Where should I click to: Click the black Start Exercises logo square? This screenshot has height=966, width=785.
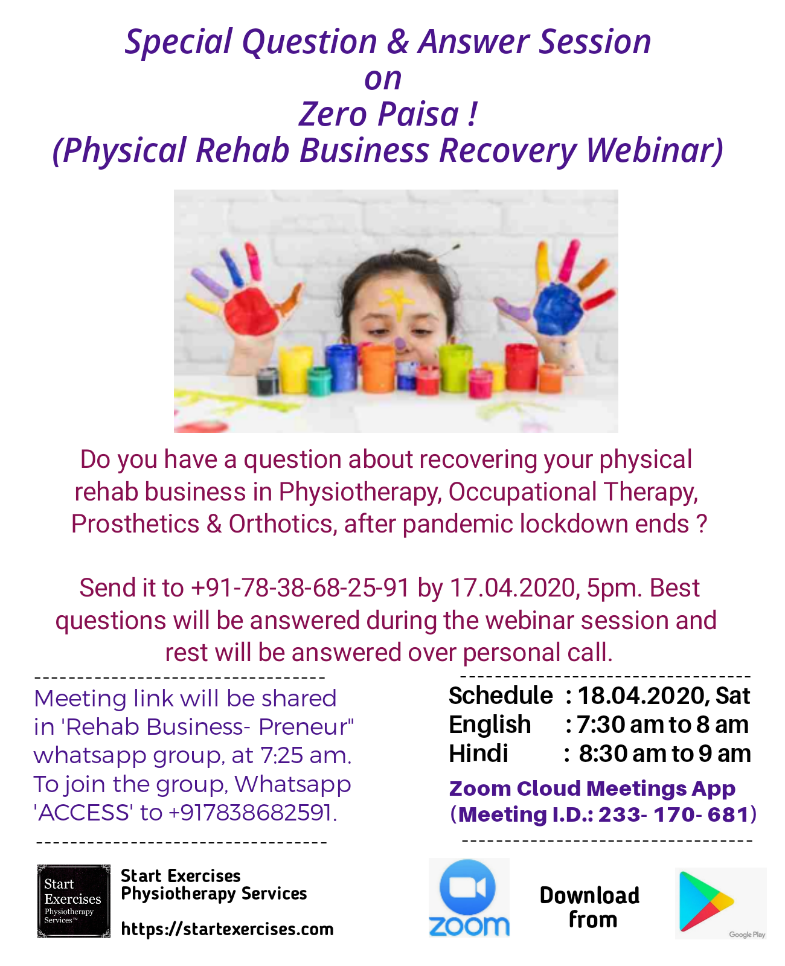point(74,901)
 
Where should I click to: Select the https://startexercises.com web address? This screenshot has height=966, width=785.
point(227,929)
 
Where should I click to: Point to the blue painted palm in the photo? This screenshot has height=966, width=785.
point(557,309)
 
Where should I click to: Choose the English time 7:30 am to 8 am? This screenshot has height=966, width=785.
point(662,724)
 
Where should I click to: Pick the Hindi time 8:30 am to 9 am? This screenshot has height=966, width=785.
point(665,753)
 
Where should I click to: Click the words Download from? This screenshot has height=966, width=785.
point(589,907)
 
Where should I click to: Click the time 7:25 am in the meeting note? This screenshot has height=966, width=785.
point(306,755)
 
